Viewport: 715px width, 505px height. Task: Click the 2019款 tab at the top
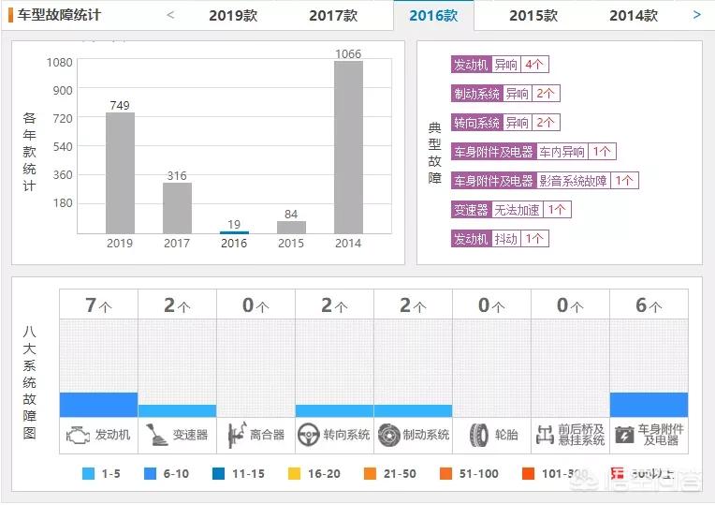click(x=233, y=15)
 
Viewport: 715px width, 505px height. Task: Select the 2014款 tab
click(x=633, y=15)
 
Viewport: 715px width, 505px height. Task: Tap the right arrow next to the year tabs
click(x=696, y=15)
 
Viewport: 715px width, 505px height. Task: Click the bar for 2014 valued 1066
click(x=348, y=147)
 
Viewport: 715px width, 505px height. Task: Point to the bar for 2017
click(x=177, y=207)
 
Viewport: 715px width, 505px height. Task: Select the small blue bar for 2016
click(x=234, y=231)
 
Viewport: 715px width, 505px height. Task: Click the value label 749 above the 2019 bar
click(x=119, y=105)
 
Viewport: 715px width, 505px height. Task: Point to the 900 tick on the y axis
click(x=62, y=90)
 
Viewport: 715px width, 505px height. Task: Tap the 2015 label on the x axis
click(x=291, y=244)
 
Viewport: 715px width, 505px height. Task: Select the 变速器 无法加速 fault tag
click(x=511, y=210)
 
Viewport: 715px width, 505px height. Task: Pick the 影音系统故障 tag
click(x=573, y=181)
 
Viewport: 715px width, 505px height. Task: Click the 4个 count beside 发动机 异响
click(x=535, y=65)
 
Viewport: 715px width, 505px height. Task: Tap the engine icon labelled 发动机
click(x=78, y=435)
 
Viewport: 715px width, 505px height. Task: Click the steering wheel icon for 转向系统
click(x=307, y=435)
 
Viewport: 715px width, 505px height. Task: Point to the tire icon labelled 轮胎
click(x=479, y=435)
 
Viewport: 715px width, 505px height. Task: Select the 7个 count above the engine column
click(x=98, y=304)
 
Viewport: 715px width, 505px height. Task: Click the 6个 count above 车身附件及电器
click(x=649, y=304)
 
